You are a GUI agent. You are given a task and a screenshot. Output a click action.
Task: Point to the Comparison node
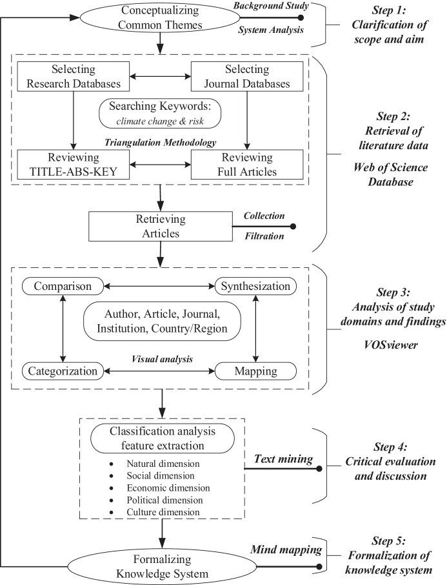(x=63, y=285)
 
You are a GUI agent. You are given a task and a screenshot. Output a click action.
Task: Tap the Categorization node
(x=63, y=371)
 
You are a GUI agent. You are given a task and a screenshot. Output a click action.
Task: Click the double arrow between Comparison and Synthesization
(x=159, y=285)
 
